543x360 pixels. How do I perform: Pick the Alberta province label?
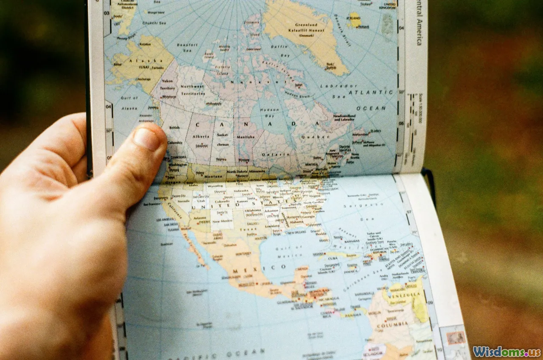[201, 137]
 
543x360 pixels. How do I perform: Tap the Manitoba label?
[246, 137]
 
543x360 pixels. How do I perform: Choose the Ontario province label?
[276, 155]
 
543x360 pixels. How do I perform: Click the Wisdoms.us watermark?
[507, 352]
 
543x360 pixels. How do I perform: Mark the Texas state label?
[248, 229]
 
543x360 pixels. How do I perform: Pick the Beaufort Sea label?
[187, 47]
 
